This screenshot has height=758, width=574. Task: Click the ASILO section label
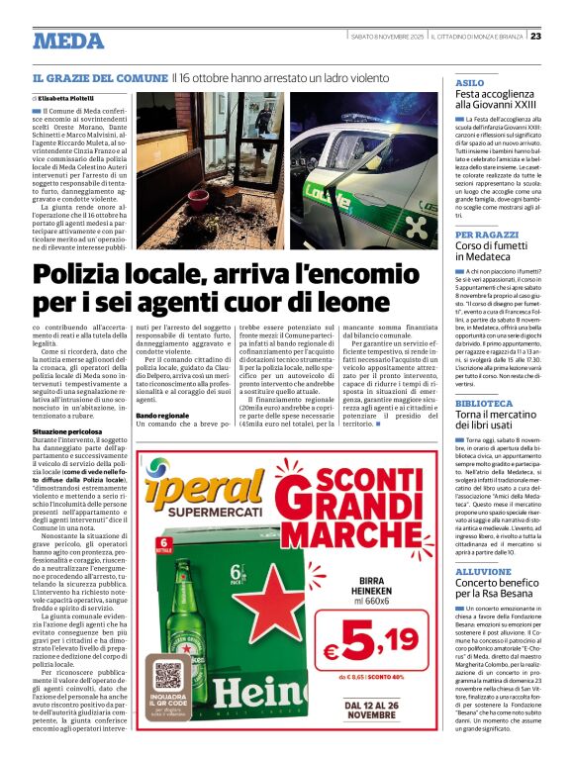(x=469, y=83)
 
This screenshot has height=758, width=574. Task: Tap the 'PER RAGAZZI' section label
(x=482, y=235)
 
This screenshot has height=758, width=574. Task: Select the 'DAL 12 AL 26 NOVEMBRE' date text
(x=383, y=711)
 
